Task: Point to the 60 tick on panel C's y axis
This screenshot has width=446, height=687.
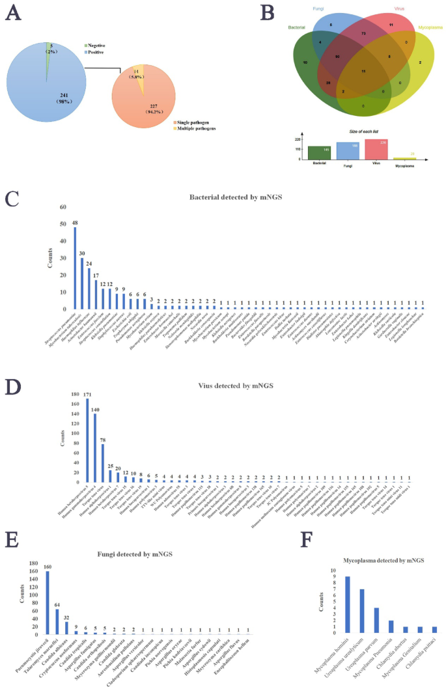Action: [x=63, y=208]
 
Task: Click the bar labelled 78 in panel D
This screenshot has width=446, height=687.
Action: [x=103, y=463]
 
